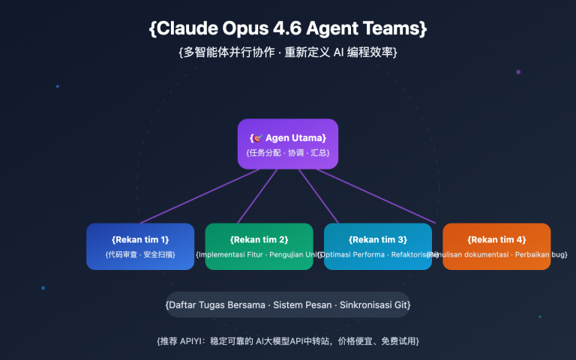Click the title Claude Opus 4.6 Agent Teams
[288, 29]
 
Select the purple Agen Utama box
[288, 144]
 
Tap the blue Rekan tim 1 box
[140, 247]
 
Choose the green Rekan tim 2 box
[259, 247]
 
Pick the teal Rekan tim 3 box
[377, 247]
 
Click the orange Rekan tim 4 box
[496, 247]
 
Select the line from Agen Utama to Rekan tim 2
[257, 196]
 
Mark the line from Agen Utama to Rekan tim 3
[318, 196]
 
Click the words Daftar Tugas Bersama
[207, 305]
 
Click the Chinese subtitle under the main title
[288, 52]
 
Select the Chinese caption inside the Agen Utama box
[288, 152]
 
